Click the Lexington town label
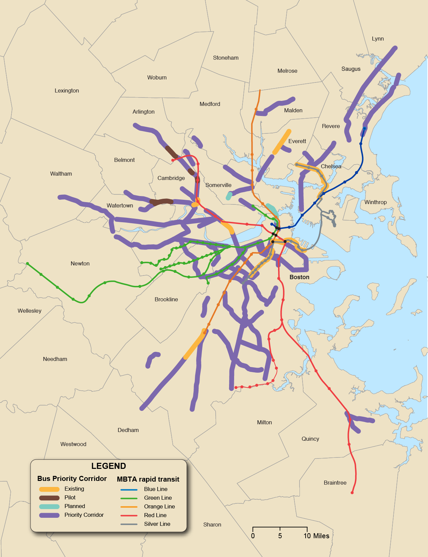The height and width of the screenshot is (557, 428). [67, 90]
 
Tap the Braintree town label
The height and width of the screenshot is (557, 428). [335, 483]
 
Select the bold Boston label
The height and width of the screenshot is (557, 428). [299, 277]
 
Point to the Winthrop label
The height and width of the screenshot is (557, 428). [375, 202]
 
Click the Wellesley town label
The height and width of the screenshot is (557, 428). [30, 311]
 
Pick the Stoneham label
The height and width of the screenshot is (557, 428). [226, 58]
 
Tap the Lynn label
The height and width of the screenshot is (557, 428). [378, 39]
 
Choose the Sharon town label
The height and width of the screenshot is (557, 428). [212, 524]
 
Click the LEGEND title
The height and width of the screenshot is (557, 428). [108, 466]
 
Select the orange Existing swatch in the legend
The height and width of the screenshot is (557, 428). [49, 489]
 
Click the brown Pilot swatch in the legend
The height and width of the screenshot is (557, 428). [49, 498]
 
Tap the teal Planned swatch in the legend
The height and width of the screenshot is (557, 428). [49, 506]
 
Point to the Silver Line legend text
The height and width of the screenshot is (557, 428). [157, 524]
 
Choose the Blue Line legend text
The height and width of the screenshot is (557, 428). [156, 489]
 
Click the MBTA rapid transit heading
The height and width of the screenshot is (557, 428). [148, 479]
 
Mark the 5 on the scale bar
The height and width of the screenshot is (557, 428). [280, 536]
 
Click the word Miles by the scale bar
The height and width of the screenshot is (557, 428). [321, 536]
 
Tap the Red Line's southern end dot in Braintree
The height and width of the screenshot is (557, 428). [352, 493]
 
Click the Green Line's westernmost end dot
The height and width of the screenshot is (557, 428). [28, 264]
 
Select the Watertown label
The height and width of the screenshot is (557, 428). [120, 205]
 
